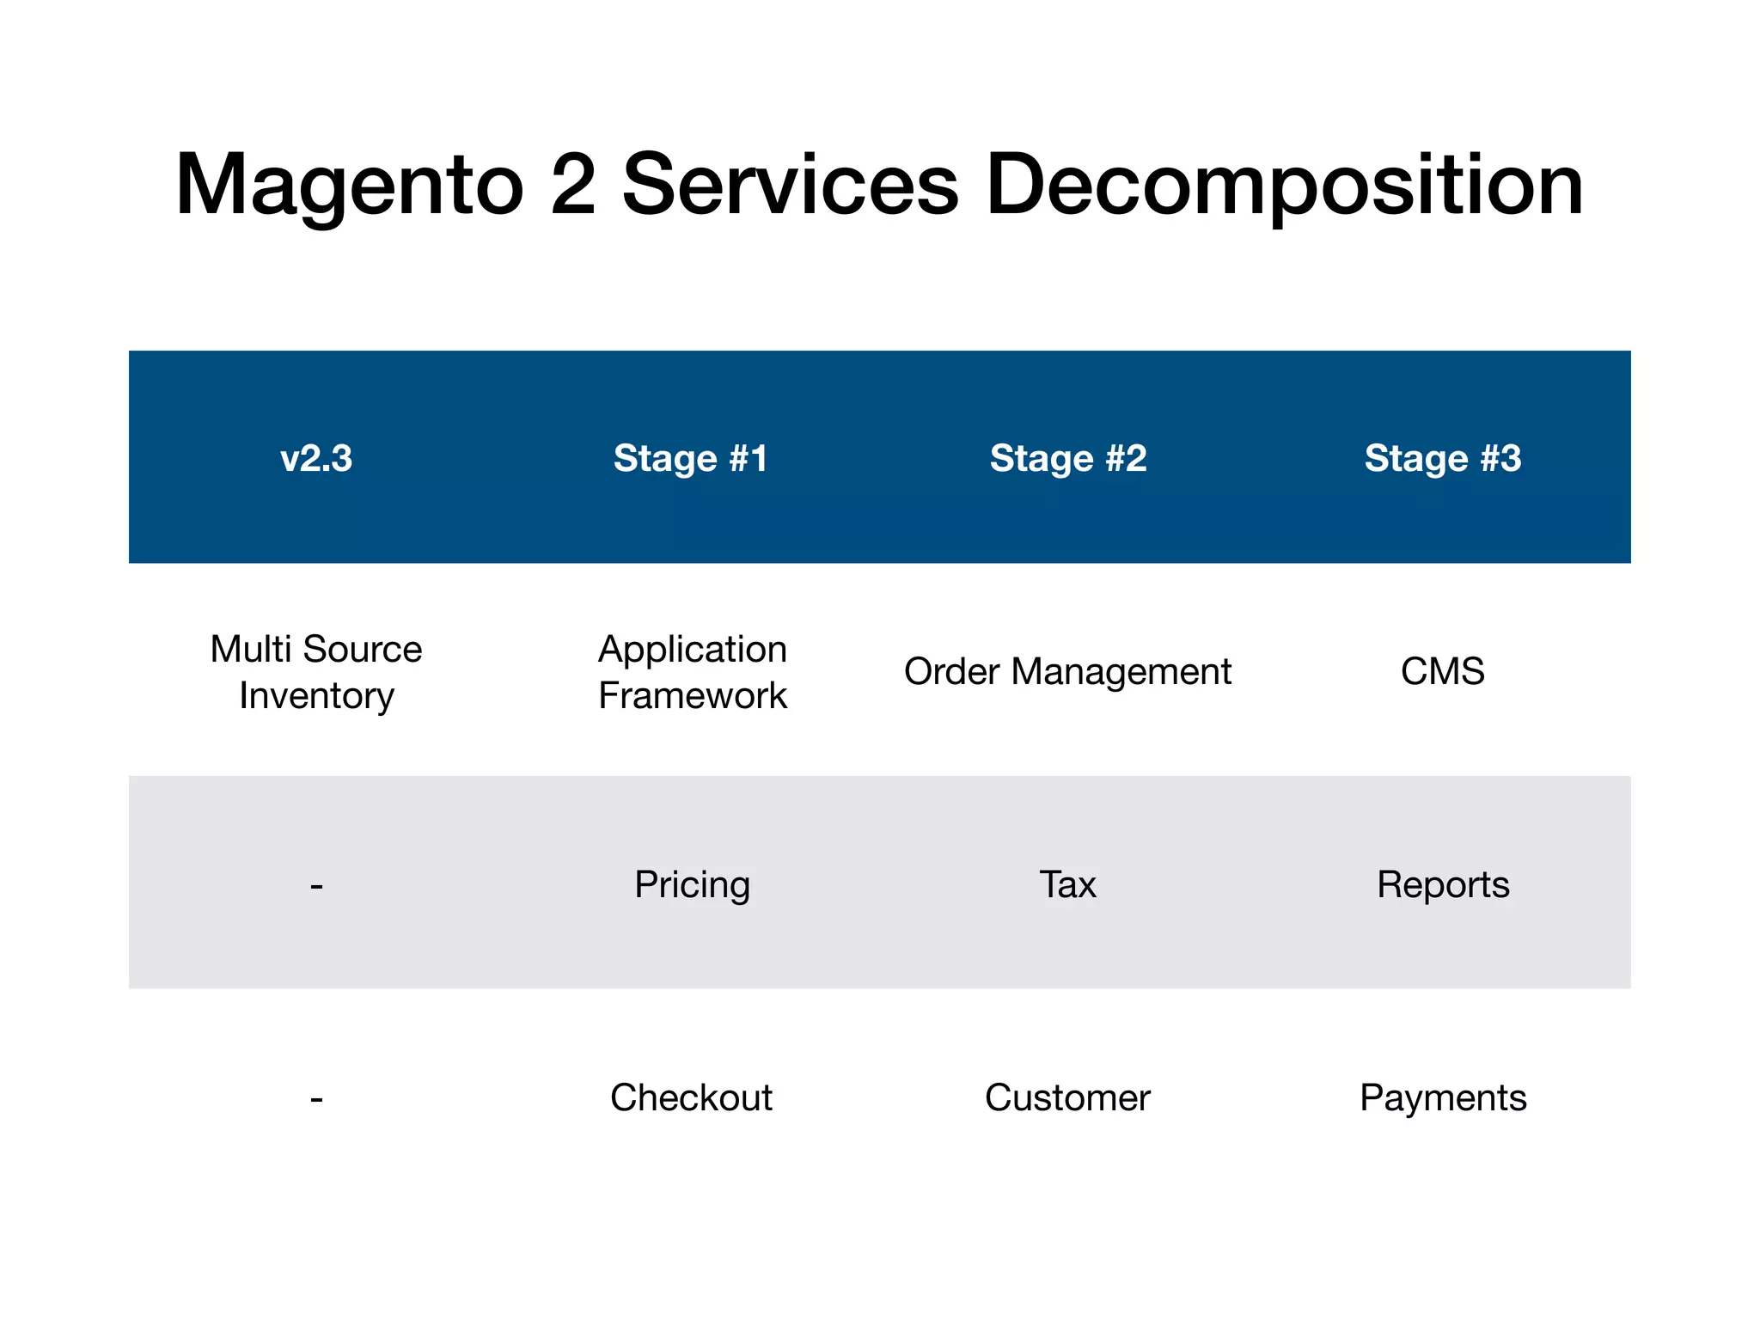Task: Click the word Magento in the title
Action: point(349,186)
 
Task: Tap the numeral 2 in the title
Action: point(573,184)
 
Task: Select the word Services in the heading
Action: point(790,184)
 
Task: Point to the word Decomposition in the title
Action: point(1284,186)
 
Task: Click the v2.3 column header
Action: point(316,458)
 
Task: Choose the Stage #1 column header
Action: point(691,458)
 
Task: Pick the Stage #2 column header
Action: point(1067,458)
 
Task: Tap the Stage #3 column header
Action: point(1443,458)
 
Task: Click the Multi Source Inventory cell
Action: point(316,672)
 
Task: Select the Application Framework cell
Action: point(693,672)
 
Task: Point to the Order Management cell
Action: point(1067,672)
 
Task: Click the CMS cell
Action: point(1443,671)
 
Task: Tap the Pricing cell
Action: point(693,885)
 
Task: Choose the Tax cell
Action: point(1067,884)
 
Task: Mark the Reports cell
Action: point(1443,884)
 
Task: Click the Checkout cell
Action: point(691,1097)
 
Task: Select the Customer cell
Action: point(1067,1097)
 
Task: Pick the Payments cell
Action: point(1443,1098)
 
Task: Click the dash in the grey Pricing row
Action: point(316,885)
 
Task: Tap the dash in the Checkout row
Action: point(316,1098)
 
